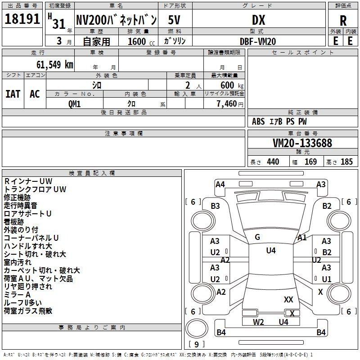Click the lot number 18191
point(22,19)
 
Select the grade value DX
point(258,20)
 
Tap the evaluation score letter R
point(343,21)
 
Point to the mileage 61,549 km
point(55,65)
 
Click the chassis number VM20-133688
point(302,143)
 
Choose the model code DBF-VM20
point(258,41)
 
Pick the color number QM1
point(75,104)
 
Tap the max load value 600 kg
point(232,85)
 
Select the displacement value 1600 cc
point(141,41)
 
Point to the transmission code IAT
point(13,94)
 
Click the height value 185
point(346,162)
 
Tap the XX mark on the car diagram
point(288,300)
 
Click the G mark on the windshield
point(257,237)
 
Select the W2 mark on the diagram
point(258,322)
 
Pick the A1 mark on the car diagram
point(302,238)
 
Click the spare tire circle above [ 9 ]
point(197,328)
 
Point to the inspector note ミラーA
point(17,295)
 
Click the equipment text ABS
point(258,121)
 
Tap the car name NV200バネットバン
point(116,20)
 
